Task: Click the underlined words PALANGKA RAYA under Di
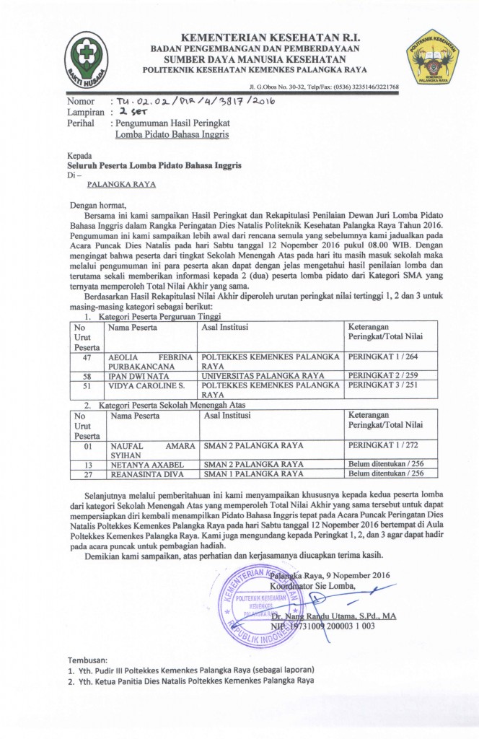(x=121, y=185)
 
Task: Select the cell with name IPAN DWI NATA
(x=138, y=376)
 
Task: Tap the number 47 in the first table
(x=87, y=357)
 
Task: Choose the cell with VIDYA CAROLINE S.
(x=144, y=385)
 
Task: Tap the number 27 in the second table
(x=87, y=474)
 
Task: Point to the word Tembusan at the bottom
(x=87, y=660)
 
